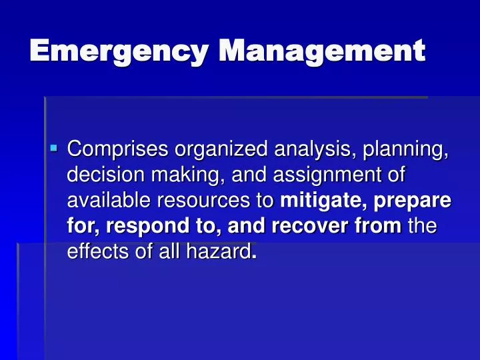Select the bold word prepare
(417, 201)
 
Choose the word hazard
(224, 253)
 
